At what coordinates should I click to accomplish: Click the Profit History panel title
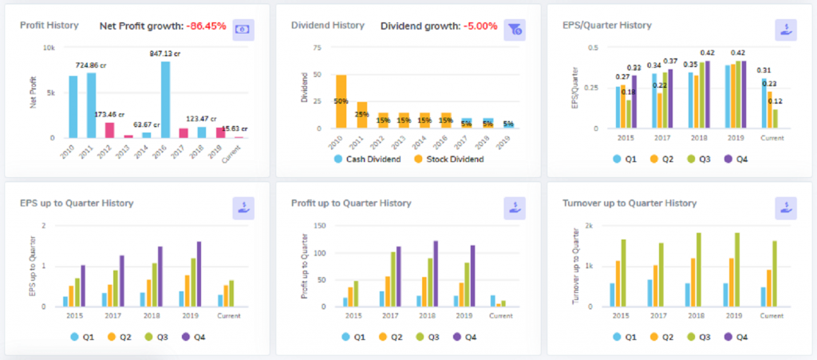point(49,26)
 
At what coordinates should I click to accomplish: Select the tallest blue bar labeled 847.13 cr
point(165,100)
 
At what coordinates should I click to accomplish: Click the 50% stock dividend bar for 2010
point(341,101)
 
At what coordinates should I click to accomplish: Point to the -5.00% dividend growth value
point(479,26)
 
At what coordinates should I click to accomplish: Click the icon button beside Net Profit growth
point(243,29)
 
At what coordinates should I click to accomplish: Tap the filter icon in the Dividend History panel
point(515,30)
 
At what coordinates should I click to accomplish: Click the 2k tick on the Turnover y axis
point(589,225)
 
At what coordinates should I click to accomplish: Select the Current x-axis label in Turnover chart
point(772,315)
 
